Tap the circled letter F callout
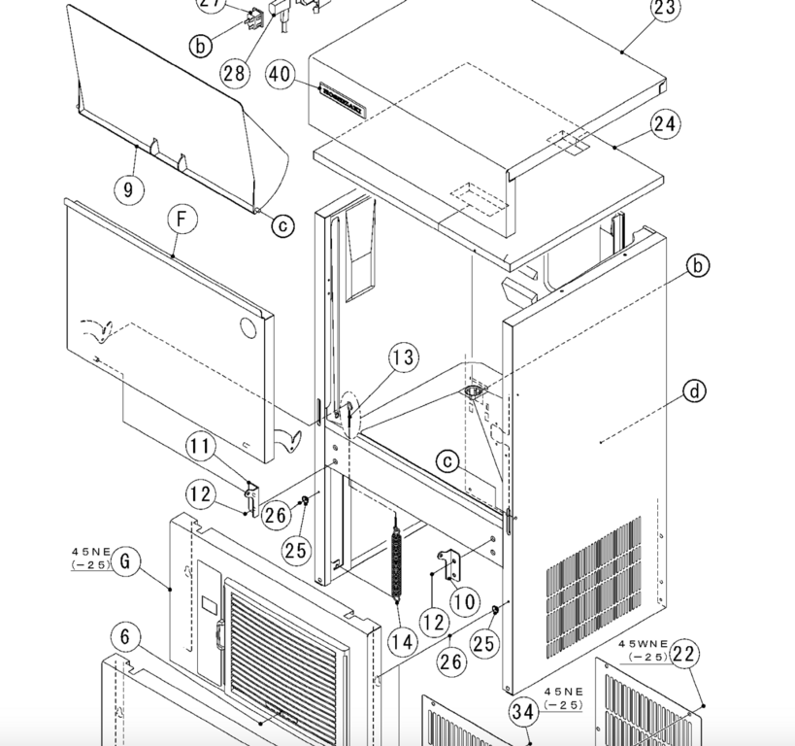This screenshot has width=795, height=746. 181,220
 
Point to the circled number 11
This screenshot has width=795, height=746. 201,448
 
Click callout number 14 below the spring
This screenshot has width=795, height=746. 403,642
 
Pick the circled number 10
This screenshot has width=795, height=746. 465,602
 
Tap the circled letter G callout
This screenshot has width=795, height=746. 124,561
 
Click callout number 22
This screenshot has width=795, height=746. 684,655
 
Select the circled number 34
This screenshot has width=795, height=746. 523,713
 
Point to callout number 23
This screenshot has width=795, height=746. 666,9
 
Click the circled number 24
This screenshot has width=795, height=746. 666,124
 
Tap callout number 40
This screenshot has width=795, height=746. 280,74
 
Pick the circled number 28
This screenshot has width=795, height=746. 234,72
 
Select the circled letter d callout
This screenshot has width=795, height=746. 694,391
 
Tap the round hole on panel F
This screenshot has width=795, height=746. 250,327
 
